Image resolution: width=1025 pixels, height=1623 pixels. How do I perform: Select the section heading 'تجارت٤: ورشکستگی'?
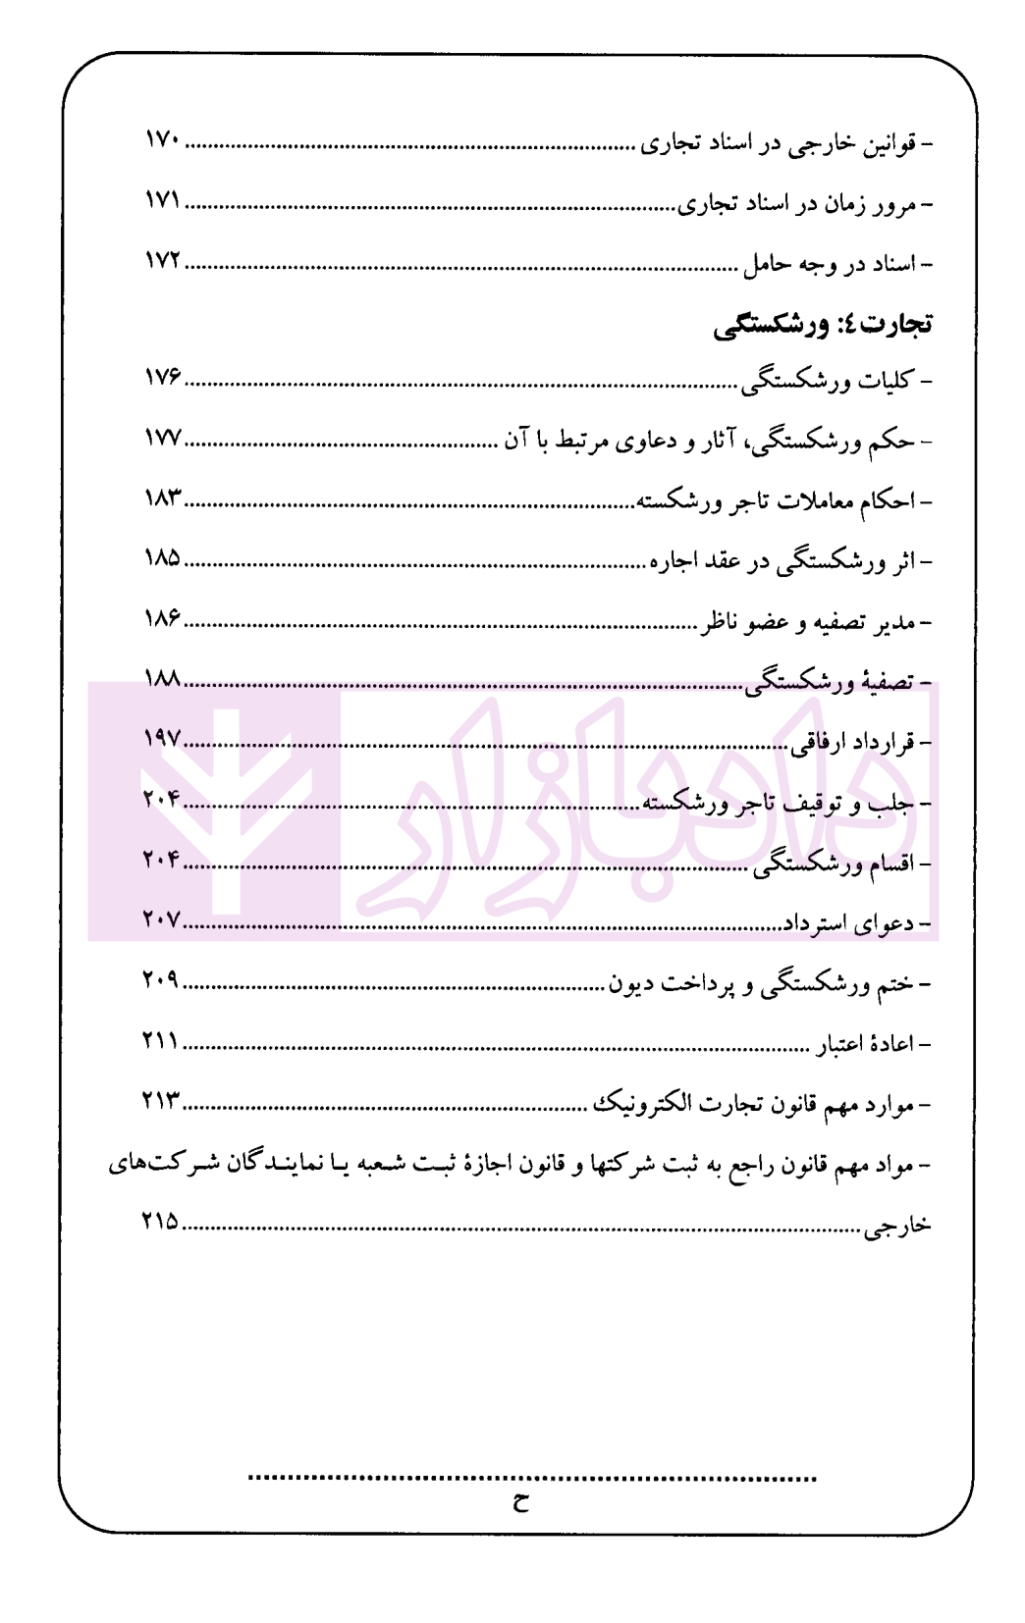(x=823, y=325)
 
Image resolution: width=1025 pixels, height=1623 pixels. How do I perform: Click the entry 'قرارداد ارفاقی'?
(x=853, y=743)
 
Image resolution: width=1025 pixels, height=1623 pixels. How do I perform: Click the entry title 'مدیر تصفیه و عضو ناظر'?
(x=814, y=622)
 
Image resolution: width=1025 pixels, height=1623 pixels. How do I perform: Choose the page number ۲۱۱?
(x=160, y=1041)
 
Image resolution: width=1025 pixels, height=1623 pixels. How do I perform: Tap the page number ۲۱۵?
(x=160, y=1223)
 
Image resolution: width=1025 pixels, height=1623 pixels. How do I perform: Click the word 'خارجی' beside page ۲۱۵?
(x=897, y=1227)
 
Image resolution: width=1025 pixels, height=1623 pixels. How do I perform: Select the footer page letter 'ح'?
(x=520, y=1503)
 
